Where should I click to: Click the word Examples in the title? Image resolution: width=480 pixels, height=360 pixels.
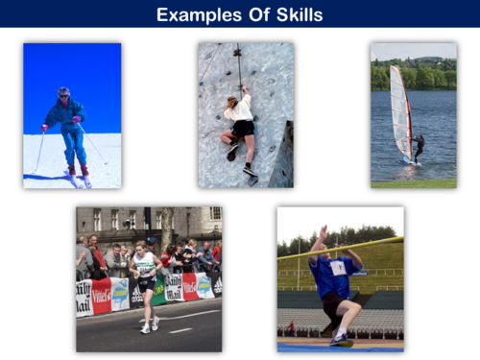[196, 14]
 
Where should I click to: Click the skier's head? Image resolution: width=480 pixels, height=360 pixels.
[64, 93]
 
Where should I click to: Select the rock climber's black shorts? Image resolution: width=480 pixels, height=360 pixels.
[243, 128]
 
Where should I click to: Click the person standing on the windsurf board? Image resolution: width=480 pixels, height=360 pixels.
[419, 146]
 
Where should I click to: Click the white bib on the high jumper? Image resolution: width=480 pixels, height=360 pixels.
[338, 267]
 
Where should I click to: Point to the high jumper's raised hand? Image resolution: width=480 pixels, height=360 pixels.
[324, 231]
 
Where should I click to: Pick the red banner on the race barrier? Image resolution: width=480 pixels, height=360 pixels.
[101, 296]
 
